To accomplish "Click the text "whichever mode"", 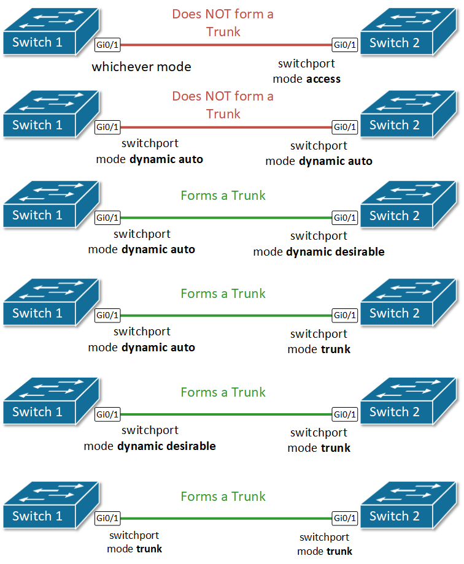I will tap(141, 67).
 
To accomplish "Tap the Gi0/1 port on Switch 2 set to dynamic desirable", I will tap(344, 218).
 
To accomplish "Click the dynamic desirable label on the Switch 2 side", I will tap(335, 251).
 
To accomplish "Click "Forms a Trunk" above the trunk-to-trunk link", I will tap(223, 496).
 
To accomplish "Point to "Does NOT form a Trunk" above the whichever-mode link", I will tap(223, 22).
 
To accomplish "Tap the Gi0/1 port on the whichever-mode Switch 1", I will tap(107, 45).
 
